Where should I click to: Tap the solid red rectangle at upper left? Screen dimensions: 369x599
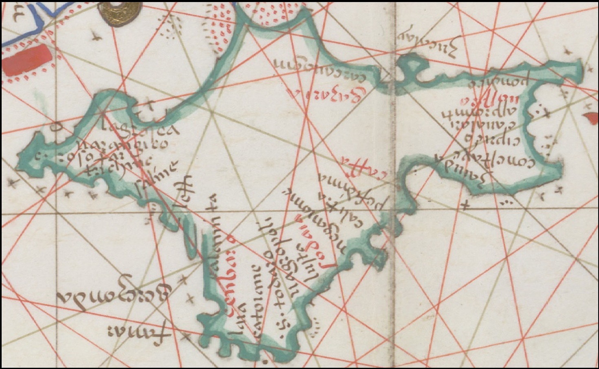point(27,60)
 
